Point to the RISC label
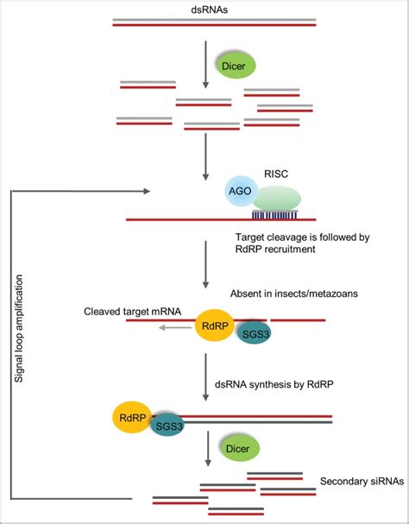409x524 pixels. [275, 174]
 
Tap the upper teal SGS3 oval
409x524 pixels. [253, 335]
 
